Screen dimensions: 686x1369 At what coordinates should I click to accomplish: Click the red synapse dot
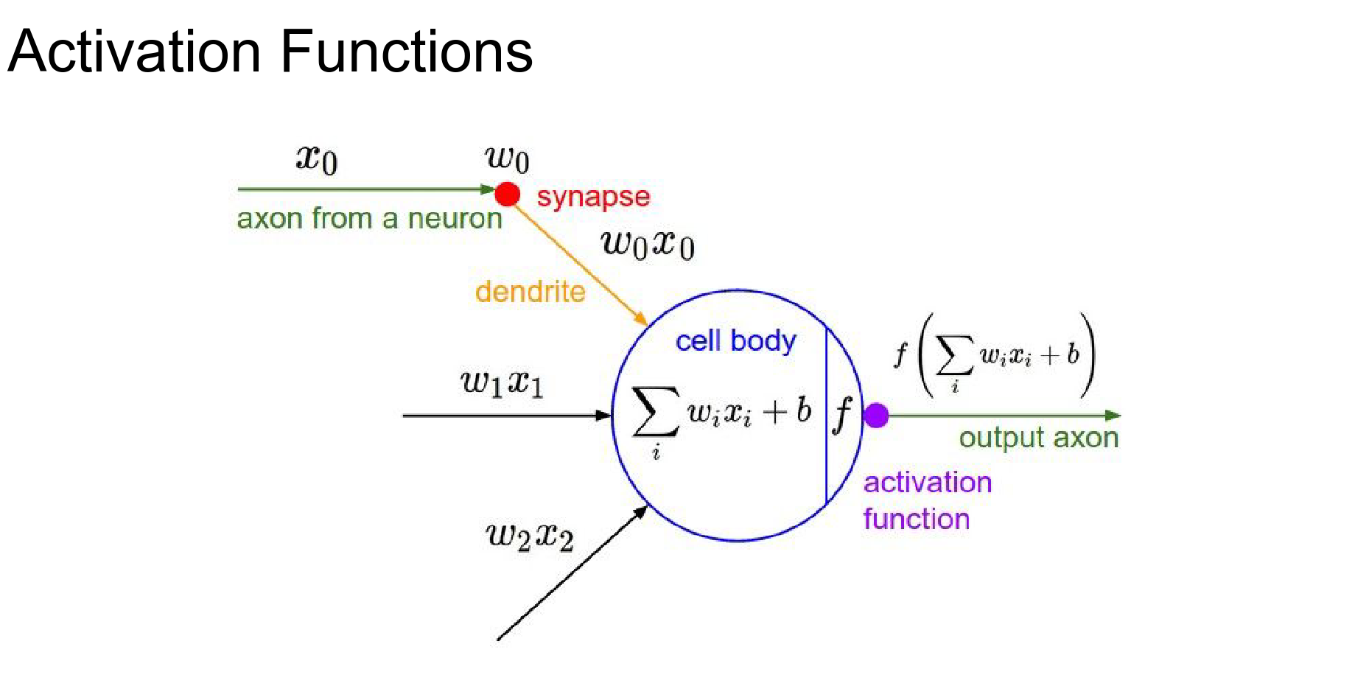click(x=507, y=195)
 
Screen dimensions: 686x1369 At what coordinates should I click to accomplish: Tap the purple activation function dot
click(x=876, y=416)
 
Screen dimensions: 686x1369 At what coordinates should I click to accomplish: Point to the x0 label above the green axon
click(x=317, y=158)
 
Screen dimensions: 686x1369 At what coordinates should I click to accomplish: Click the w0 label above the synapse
click(x=507, y=158)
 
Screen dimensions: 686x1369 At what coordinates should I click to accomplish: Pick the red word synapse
click(x=593, y=197)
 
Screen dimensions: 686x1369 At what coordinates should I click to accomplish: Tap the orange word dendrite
click(x=530, y=292)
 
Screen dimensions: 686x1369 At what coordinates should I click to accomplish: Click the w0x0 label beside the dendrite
click(x=648, y=244)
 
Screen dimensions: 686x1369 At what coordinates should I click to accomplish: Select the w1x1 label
click(x=503, y=382)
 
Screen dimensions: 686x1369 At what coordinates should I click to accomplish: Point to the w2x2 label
click(x=530, y=536)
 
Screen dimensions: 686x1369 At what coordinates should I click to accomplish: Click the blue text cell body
click(x=735, y=341)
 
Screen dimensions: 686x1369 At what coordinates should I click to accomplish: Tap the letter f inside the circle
click(x=843, y=414)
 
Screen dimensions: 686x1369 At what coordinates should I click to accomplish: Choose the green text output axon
click(x=1038, y=438)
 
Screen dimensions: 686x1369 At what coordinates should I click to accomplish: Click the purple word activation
click(x=927, y=483)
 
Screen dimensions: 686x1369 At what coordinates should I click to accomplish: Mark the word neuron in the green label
click(x=455, y=219)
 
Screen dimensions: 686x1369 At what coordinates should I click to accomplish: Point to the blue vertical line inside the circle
click(x=826, y=457)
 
